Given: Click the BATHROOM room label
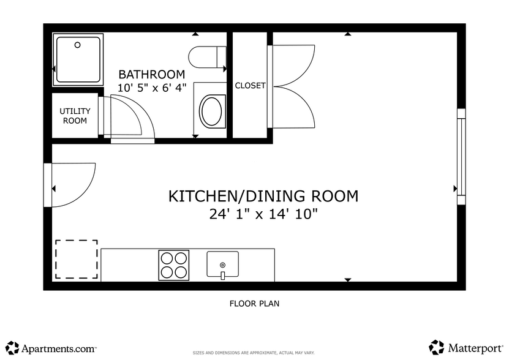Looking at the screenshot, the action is click(151, 74).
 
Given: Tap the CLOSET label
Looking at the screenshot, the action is click(251, 85).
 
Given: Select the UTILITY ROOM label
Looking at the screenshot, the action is click(75, 116).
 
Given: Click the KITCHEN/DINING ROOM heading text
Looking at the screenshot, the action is click(263, 196).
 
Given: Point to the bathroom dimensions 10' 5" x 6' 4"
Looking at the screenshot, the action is click(152, 88).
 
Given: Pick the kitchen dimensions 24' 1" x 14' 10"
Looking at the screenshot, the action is click(263, 214).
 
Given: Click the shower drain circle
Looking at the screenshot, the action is click(77, 45).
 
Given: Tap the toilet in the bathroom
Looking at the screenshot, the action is click(208, 57).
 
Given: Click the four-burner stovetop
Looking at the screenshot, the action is click(174, 265).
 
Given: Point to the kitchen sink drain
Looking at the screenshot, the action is click(223, 265).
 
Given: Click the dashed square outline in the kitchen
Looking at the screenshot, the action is click(77, 259).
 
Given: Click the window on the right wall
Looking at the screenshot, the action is click(461, 157).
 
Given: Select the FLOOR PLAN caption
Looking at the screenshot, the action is click(255, 304).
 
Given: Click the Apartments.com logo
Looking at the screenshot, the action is click(51, 348).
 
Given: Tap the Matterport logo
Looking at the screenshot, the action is click(466, 348).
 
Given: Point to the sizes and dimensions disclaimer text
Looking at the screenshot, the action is click(254, 353).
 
